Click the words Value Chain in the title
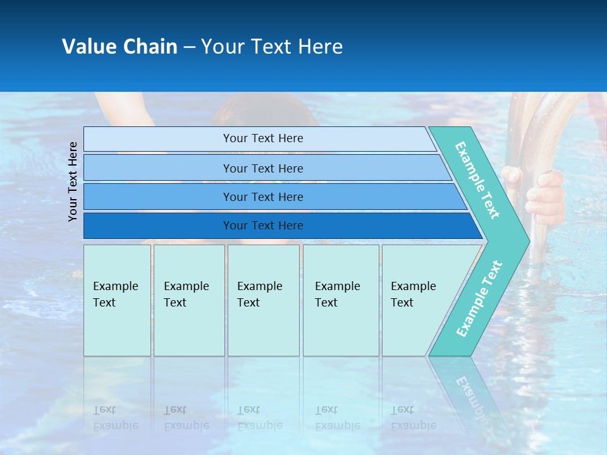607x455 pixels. [x=120, y=47]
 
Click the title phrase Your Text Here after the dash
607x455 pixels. [x=272, y=47]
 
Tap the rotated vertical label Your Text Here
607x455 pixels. [x=73, y=181]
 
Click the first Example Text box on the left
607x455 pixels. [x=117, y=300]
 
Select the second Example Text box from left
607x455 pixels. [x=189, y=300]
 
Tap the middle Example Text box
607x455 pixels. [x=263, y=300]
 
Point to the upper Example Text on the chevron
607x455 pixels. [x=477, y=180]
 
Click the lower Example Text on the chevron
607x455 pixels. [x=479, y=298]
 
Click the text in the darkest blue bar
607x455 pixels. [x=263, y=226]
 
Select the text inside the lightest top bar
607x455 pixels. [x=263, y=138]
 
